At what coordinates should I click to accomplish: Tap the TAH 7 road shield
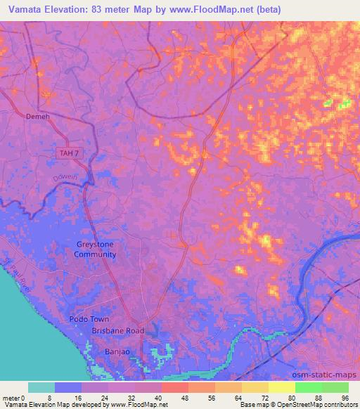(68, 152)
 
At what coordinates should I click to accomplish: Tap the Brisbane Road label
(117, 330)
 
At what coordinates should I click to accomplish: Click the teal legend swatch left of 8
(41, 387)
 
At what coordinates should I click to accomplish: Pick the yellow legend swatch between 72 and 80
(281, 387)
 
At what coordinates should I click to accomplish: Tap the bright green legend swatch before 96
(335, 387)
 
